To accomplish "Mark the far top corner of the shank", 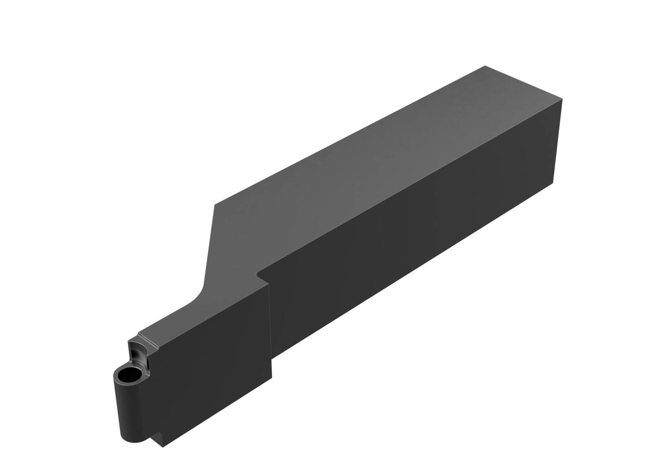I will (x=485, y=66).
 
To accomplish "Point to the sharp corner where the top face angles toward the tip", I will (x=214, y=204).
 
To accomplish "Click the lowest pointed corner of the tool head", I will (x=163, y=448).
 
